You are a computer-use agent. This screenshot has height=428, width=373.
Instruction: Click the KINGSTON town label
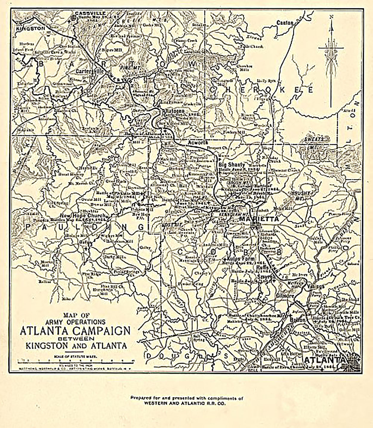point(30,28)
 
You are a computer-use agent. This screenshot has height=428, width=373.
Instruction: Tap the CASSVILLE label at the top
point(86,13)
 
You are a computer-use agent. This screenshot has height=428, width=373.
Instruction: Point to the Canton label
point(285,22)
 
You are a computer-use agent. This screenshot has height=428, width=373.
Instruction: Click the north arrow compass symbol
point(331,60)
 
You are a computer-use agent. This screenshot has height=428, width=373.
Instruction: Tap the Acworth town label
point(198,142)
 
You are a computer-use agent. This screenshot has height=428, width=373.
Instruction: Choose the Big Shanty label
point(232,165)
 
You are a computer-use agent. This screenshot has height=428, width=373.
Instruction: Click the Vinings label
point(316,286)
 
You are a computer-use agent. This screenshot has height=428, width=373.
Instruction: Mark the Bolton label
point(298,320)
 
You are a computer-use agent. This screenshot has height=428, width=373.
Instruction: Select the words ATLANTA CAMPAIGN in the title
point(75,331)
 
